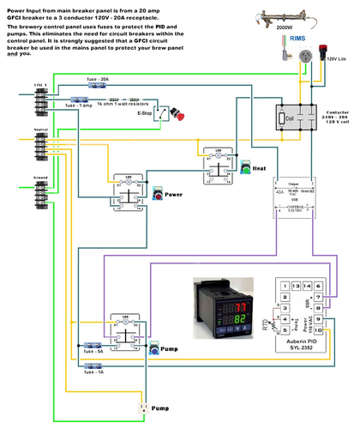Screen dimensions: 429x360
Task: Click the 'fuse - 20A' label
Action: (98, 78)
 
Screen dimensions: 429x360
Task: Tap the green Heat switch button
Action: (245, 168)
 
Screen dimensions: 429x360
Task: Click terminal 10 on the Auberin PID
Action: (317, 330)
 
